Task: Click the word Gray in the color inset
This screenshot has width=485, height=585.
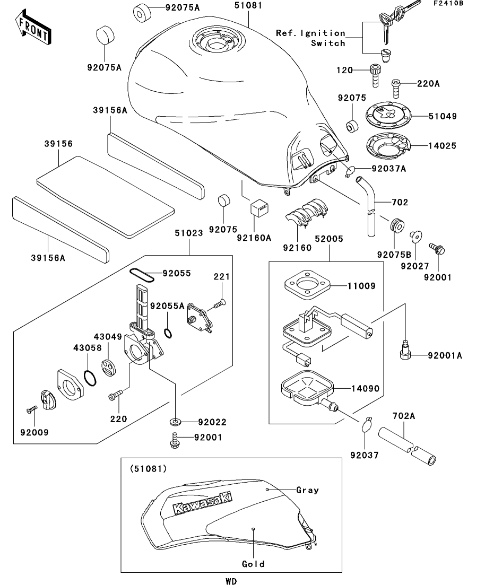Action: pyautogui.click(x=308, y=490)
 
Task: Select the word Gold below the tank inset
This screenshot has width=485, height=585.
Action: pyautogui.click(x=253, y=564)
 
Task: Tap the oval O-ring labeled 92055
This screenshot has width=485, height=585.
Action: pyautogui.click(x=142, y=275)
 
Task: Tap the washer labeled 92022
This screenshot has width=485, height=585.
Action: pyautogui.click(x=175, y=422)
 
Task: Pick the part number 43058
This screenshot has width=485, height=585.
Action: pyautogui.click(x=84, y=347)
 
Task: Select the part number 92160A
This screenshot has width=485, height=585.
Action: pyautogui.click(x=255, y=238)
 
